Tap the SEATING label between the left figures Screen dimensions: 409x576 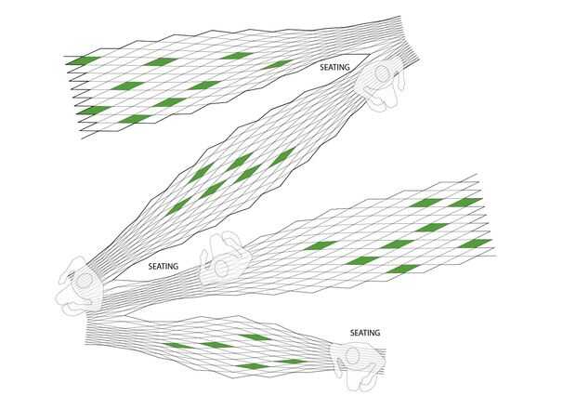164,265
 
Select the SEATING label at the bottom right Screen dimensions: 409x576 365,332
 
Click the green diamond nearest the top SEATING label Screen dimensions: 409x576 277,64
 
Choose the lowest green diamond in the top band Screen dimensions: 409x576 134,119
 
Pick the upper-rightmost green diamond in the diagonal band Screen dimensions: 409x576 281,154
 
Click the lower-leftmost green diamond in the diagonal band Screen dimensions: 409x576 179,204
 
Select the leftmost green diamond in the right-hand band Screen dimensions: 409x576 320,245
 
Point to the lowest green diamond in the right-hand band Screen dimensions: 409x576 402,270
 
